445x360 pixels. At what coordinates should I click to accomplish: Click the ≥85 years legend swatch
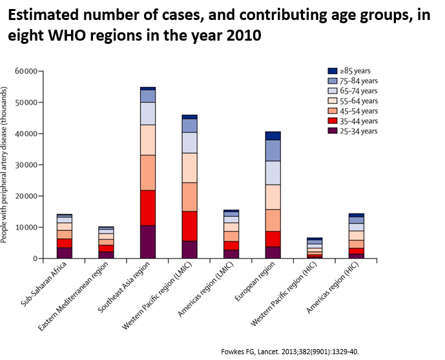coord(333,71)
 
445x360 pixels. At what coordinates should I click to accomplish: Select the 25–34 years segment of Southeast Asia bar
coord(148,242)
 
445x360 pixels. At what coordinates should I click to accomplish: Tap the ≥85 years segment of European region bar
coord(273,135)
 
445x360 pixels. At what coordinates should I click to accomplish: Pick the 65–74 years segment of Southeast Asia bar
coord(148,114)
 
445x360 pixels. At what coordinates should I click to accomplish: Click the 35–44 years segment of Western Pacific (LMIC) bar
coord(189,226)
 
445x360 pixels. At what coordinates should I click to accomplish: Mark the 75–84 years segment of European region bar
coord(273,150)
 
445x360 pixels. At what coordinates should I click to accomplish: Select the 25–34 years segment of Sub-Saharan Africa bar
coord(65,253)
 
